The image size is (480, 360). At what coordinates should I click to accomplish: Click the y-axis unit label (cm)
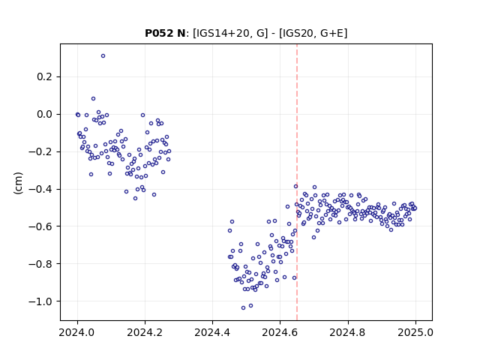pos(18,183)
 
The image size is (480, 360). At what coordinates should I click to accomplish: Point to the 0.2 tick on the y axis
pos(44,76)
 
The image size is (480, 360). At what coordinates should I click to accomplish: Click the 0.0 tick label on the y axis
pos(44,114)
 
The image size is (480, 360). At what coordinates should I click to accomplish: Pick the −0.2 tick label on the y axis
pos(40,151)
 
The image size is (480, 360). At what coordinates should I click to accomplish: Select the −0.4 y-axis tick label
pos(40,189)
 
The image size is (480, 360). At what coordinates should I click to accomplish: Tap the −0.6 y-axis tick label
pos(40,226)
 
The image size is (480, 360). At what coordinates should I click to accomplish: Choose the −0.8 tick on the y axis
pos(40,264)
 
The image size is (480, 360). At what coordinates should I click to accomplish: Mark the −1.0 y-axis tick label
pos(40,301)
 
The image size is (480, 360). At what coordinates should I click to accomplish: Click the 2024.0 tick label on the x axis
pos(77,332)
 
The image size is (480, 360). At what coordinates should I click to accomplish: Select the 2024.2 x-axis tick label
pos(145,332)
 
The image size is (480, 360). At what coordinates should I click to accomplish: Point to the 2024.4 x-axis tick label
pos(212,332)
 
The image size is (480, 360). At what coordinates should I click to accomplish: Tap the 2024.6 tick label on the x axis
pos(280,332)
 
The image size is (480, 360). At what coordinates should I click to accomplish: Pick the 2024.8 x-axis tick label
pos(348,332)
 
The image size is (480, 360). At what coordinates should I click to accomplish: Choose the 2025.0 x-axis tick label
pos(415,332)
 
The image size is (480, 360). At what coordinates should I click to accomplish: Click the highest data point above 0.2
pos(103,56)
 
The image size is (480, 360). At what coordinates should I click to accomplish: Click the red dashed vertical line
pos(297,182)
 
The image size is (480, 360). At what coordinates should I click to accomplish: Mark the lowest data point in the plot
pos(243,308)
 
